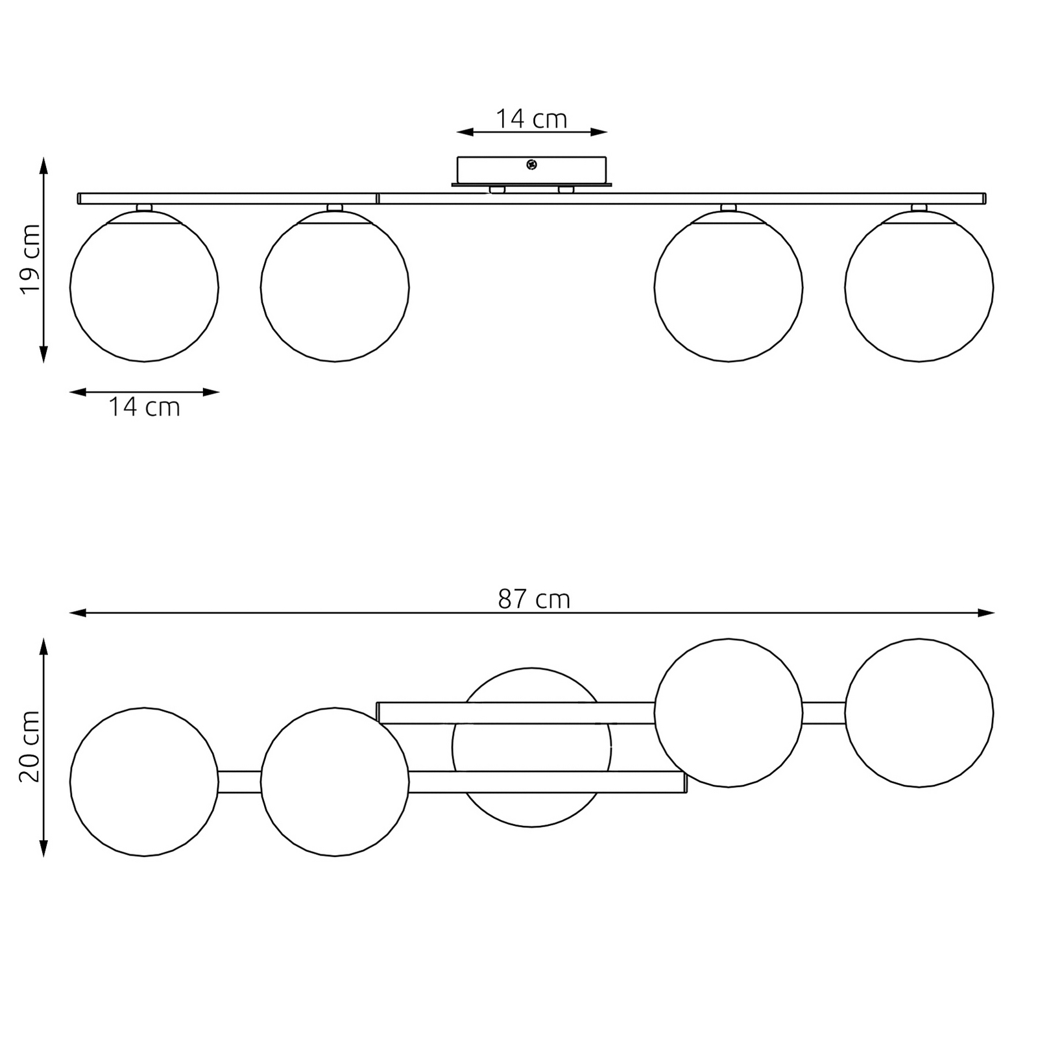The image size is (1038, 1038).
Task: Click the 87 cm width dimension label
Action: pos(534,599)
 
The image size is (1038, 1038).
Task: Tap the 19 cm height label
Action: pos(30,259)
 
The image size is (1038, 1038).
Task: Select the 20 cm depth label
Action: pos(30,747)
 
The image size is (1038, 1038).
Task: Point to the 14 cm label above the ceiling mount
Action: pos(531,119)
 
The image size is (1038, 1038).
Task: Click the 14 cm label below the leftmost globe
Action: pos(144,407)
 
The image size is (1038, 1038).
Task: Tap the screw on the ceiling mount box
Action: pos(532,165)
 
